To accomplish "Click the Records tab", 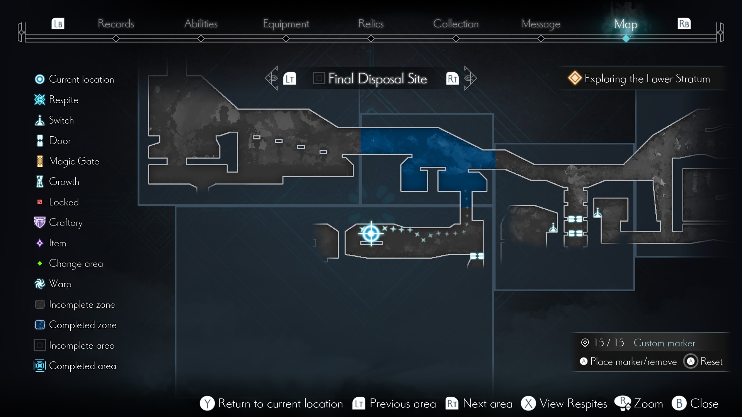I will click(x=116, y=24).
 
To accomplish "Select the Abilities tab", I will click(x=201, y=24).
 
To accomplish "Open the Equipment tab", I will click(x=286, y=24).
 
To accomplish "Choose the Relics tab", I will click(x=371, y=24).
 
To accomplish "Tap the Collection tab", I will click(x=456, y=24).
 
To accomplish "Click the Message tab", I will click(x=541, y=24).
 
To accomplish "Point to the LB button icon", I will click(x=58, y=24).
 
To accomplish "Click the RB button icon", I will click(x=684, y=24).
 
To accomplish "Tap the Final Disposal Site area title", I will click(x=377, y=79).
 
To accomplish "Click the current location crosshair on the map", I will click(x=371, y=233).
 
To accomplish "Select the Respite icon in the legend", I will click(x=40, y=100).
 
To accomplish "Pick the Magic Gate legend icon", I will click(x=40, y=161).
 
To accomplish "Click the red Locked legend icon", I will click(x=40, y=202).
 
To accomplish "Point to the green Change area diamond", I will click(x=40, y=263).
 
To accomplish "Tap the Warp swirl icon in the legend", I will click(x=40, y=284).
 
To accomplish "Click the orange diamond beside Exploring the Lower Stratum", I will click(x=575, y=78).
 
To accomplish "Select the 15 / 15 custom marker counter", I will click(x=608, y=343).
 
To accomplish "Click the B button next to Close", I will click(x=679, y=403).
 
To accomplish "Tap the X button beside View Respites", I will click(x=528, y=403).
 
